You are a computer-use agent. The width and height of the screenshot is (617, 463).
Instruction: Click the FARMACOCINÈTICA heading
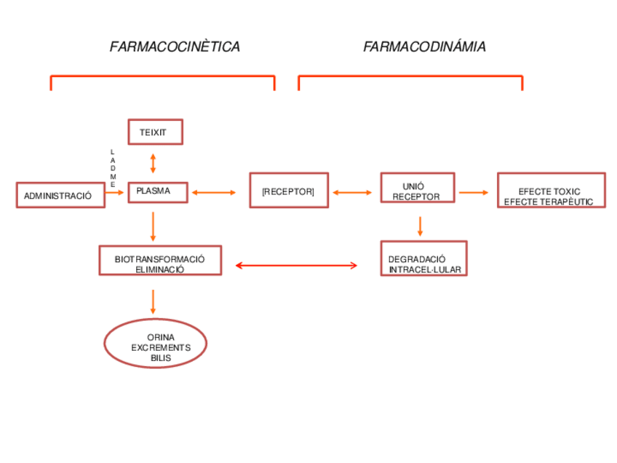pos(175,47)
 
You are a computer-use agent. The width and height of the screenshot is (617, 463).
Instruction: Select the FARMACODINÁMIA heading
pos(424,47)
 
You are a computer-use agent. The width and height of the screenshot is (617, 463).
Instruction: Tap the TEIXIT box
pos(155,132)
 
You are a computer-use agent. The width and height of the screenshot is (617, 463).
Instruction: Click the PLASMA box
pos(157,192)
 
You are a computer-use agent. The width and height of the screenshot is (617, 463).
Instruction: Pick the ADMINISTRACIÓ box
pos(60,195)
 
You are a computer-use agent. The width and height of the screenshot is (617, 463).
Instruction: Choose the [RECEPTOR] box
pos(289,191)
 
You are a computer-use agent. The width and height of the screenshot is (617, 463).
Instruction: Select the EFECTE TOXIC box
pos(551,191)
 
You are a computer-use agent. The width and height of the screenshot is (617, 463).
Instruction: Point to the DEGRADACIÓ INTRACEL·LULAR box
pos(423,259)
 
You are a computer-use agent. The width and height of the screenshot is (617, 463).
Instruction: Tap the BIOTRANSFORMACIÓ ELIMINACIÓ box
pos(160,261)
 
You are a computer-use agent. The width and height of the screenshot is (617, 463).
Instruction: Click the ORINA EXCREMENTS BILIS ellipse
pos(156,343)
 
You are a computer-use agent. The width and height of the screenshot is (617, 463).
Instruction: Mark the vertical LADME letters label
pos(112,168)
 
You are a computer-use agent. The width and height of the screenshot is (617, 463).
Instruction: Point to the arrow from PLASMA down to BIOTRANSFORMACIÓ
pos(153,226)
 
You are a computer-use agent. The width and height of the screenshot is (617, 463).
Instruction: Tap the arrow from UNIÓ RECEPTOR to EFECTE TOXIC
pos(474,193)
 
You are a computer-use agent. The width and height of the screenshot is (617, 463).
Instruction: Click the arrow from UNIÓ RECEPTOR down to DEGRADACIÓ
pos(420,226)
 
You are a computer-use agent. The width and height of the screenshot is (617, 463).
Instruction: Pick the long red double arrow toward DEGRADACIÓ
pos(296,266)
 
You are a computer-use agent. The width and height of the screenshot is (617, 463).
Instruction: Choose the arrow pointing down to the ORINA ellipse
pos(153,301)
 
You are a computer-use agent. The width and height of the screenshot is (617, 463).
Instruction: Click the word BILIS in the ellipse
pos(160,358)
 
